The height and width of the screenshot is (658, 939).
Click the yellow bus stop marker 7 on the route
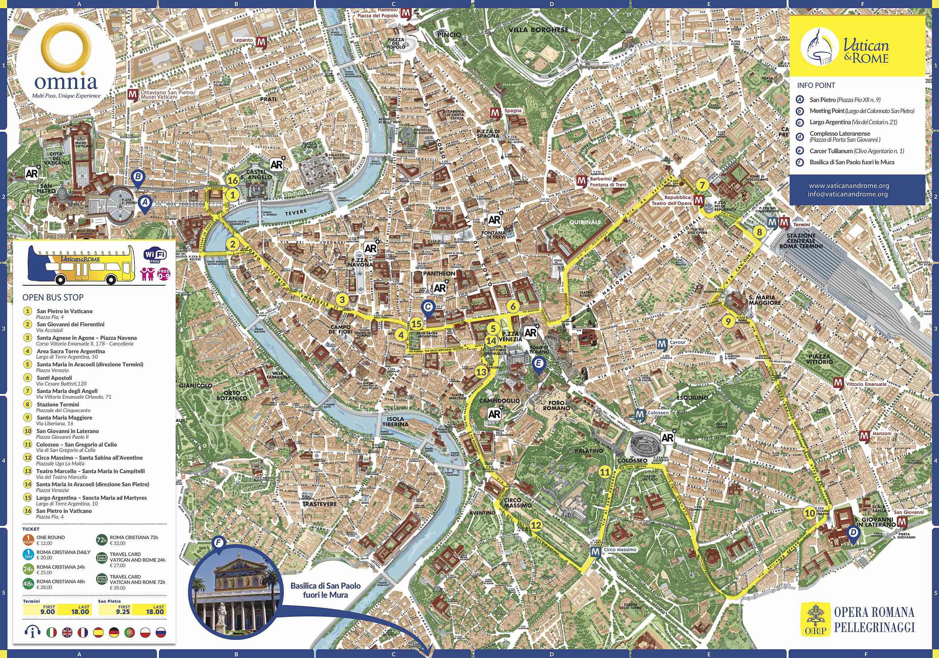tap(702, 185)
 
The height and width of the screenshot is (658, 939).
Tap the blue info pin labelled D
tap(853, 532)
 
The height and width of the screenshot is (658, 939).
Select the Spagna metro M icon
tap(495, 112)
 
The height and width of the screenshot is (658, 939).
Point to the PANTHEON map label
tap(439, 273)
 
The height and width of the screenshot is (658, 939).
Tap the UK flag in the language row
tap(67, 633)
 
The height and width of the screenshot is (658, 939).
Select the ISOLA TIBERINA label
tap(395, 421)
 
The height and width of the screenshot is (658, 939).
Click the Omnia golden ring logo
tap(66, 47)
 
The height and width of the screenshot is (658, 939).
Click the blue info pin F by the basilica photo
tap(219, 543)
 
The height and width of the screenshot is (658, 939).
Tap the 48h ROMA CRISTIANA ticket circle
tap(28, 584)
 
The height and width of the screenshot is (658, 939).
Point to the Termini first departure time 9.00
tap(48, 612)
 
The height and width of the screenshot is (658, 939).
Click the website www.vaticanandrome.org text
tap(849, 186)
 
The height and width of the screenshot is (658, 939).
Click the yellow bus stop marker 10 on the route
tap(810, 513)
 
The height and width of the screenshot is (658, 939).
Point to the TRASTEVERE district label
tap(319, 504)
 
